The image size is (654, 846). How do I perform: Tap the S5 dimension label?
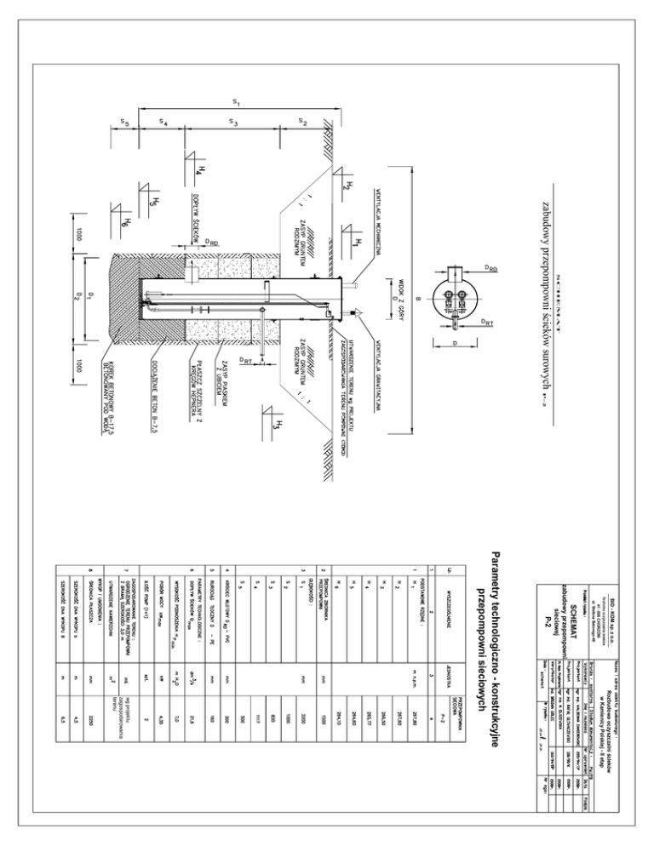tap(124, 122)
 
